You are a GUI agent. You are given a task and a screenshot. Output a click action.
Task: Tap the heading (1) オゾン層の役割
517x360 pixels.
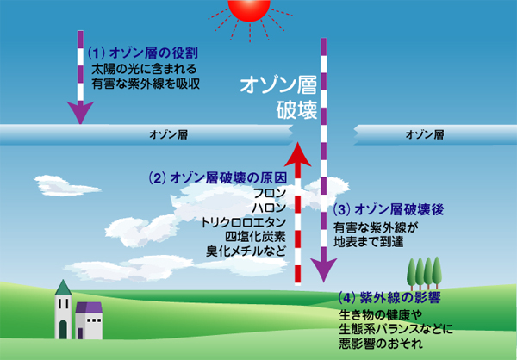(143, 53)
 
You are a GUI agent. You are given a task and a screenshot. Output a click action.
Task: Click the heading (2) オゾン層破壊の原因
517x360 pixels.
(218, 178)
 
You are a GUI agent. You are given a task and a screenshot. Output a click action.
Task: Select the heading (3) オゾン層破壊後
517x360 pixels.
(389, 209)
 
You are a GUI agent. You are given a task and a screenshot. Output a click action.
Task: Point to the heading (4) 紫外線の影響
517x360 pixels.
(389, 298)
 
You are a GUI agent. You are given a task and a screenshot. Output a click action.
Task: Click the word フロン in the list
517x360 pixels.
(270, 193)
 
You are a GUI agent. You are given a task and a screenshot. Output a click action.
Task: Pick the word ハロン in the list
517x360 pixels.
(269, 208)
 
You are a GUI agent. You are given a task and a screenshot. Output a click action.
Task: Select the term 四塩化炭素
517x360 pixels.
(256, 237)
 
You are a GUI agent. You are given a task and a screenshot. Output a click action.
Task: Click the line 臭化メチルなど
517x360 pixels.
(246, 251)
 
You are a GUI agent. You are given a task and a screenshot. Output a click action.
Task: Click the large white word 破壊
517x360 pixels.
(296, 110)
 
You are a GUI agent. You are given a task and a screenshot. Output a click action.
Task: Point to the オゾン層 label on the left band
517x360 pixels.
(169, 134)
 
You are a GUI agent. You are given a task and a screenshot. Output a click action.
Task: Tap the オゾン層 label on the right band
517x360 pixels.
(425, 134)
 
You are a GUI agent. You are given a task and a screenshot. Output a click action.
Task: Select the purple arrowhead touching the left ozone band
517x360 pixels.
(80, 111)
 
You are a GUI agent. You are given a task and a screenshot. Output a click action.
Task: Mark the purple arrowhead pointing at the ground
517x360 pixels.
(324, 269)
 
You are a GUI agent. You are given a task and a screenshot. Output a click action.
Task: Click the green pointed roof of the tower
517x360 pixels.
(63, 288)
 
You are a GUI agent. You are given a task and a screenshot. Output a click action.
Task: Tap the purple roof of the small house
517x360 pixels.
(89, 307)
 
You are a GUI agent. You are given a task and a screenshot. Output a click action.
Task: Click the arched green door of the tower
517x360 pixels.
(63, 330)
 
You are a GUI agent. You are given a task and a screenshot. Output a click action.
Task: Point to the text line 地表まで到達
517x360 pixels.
(368, 242)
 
